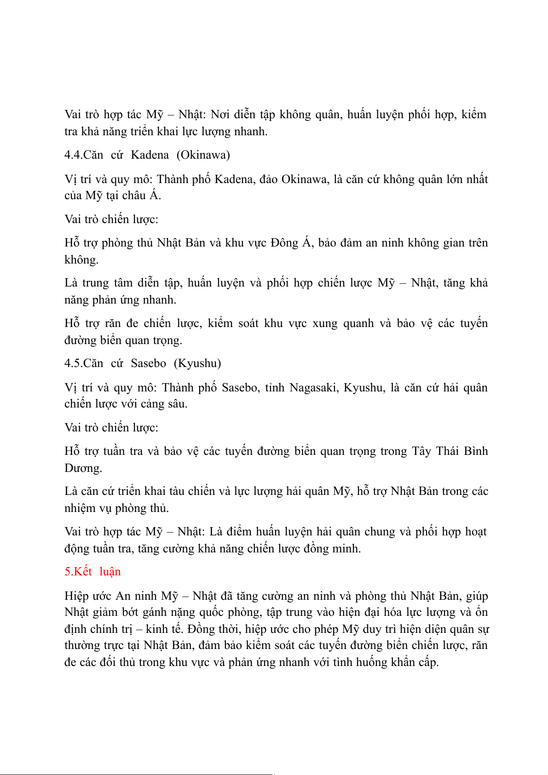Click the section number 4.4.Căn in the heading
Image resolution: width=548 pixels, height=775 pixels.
coord(84,155)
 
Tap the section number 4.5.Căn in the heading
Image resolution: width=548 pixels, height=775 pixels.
coord(84,363)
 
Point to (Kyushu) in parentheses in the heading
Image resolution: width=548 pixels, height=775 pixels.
coord(197,363)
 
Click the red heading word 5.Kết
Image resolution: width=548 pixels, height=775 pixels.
coord(78,572)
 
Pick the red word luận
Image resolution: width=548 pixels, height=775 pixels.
coord(110,572)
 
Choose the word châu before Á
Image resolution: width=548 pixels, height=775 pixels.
coord(134,196)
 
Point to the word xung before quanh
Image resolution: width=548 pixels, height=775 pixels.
coord(325,323)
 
